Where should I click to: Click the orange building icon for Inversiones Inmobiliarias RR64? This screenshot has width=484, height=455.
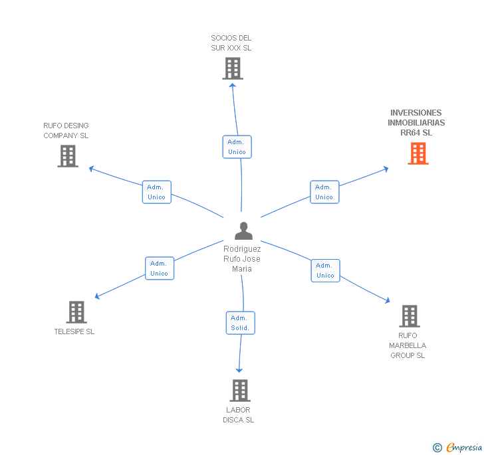pyautogui.click(x=418, y=153)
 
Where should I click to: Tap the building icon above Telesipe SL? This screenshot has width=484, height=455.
pyautogui.click(x=76, y=312)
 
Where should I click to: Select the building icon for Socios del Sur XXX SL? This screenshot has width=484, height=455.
pyautogui.click(x=232, y=68)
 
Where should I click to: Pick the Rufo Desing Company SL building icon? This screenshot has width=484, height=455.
pyautogui.click(x=68, y=156)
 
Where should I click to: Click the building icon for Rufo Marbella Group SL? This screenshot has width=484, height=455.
pyautogui.click(x=409, y=316)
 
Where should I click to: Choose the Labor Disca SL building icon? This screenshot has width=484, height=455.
pyautogui.click(x=239, y=391)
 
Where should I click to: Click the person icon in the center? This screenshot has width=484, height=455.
pyautogui.click(x=243, y=230)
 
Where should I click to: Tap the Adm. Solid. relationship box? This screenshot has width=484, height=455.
pyautogui.click(x=240, y=323)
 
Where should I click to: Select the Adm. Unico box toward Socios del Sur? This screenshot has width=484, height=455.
pyautogui.click(x=237, y=147)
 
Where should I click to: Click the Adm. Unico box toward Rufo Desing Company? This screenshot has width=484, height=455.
pyautogui.click(x=157, y=192)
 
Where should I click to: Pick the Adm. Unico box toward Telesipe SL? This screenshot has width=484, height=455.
pyautogui.click(x=160, y=268)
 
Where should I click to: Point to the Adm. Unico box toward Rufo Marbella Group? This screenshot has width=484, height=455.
pyautogui.click(x=325, y=270)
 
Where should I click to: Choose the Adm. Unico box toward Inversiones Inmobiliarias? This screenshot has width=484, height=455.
pyautogui.click(x=324, y=192)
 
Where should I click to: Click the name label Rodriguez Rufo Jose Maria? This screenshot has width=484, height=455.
pyautogui.click(x=242, y=259)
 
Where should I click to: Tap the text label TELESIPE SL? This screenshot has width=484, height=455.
pyautogui.click(x=74, y=331)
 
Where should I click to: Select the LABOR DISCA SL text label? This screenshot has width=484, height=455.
pyautogui.click(x=239, y=415)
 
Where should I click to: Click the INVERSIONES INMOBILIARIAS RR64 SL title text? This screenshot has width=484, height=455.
pyautogui.click(x=416, y=123)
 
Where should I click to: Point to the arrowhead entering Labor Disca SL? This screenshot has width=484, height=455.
pyautogui.click(x=239, y=370)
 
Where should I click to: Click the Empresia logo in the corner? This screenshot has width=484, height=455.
pyautogui.click(x=464, y=447)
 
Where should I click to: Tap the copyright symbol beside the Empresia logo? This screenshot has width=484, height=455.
pyautogui.click(x=437, y=448)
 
